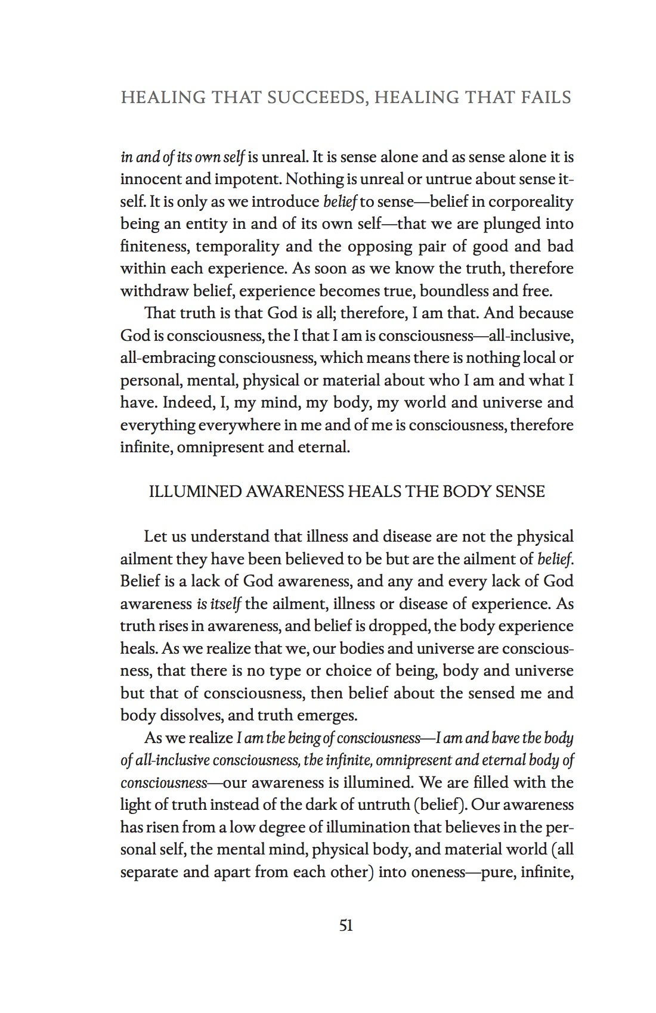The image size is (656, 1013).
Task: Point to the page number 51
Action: (x=346, y=925)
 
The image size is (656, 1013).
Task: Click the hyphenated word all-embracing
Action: (x=168, y=358)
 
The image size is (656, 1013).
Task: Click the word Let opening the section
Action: (x=155, y=536)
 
